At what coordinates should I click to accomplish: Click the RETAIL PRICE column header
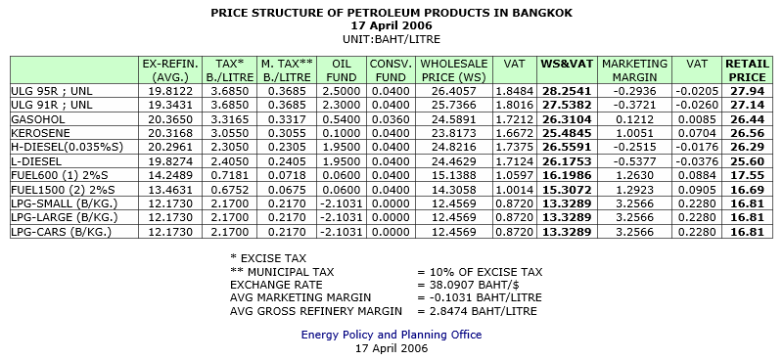click(x=748, y=70)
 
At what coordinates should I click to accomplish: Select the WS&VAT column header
click(x=567, y=64)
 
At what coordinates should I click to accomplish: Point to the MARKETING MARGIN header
click(x=634, y=70)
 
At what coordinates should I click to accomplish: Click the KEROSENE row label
click(x=40, y=133)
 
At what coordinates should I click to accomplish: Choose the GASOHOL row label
click(x=38, y=119)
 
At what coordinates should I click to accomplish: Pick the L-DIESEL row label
click(x=36, y=161)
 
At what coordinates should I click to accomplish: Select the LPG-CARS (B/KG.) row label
click(x=61, y=232)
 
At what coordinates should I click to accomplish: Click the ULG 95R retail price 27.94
click(x=748, y=92)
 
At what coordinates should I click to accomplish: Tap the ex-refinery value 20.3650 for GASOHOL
click(x=170, y=119)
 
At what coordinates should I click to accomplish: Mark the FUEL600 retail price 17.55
click(x=748, y=175)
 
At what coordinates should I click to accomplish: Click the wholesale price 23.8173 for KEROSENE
click(x=454, y=133)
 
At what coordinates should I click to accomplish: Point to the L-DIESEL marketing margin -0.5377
click(x=634, y=161)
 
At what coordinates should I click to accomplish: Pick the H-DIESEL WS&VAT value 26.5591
click(x=567, y=148)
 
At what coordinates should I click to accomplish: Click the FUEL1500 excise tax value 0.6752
click(x=230, y=190)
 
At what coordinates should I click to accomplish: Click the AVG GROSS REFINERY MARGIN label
click(x=315, y=311)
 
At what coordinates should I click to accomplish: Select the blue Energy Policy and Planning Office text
click(x=392, y=335)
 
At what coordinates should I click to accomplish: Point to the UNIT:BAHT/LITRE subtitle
click(x=392, y=39)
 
